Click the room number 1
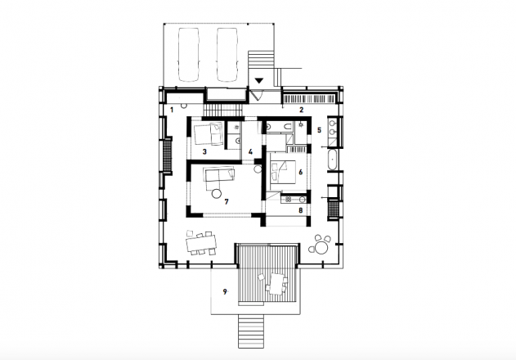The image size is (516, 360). [x=172, y=110]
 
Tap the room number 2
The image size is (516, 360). [x=301, y=110]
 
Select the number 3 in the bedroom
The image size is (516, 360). [x=204, y=152]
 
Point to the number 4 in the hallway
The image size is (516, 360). [x=250, y=152]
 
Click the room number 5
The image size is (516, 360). [x=319, y=130]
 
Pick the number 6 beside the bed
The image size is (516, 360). [x=300, y=172]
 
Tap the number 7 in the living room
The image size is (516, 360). [x=226, y=201]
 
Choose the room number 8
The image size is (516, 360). [x=300, y=210]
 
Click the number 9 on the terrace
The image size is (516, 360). [x=225, y=291]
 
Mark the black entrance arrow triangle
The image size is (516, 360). [x=259, y=80]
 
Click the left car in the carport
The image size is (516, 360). [x=189, y=55]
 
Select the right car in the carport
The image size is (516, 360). [x=227, y=55]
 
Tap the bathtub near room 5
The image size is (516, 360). [x=332, y=160]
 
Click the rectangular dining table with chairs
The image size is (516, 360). [x=200, y=243]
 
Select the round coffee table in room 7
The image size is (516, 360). [x=216, y=194]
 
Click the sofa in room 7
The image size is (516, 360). [x=219, y=175]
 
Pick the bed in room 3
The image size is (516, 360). [x=208, y=134]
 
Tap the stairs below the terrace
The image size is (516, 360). [x=251, y=331]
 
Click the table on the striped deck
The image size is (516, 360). [x=276, y=284]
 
